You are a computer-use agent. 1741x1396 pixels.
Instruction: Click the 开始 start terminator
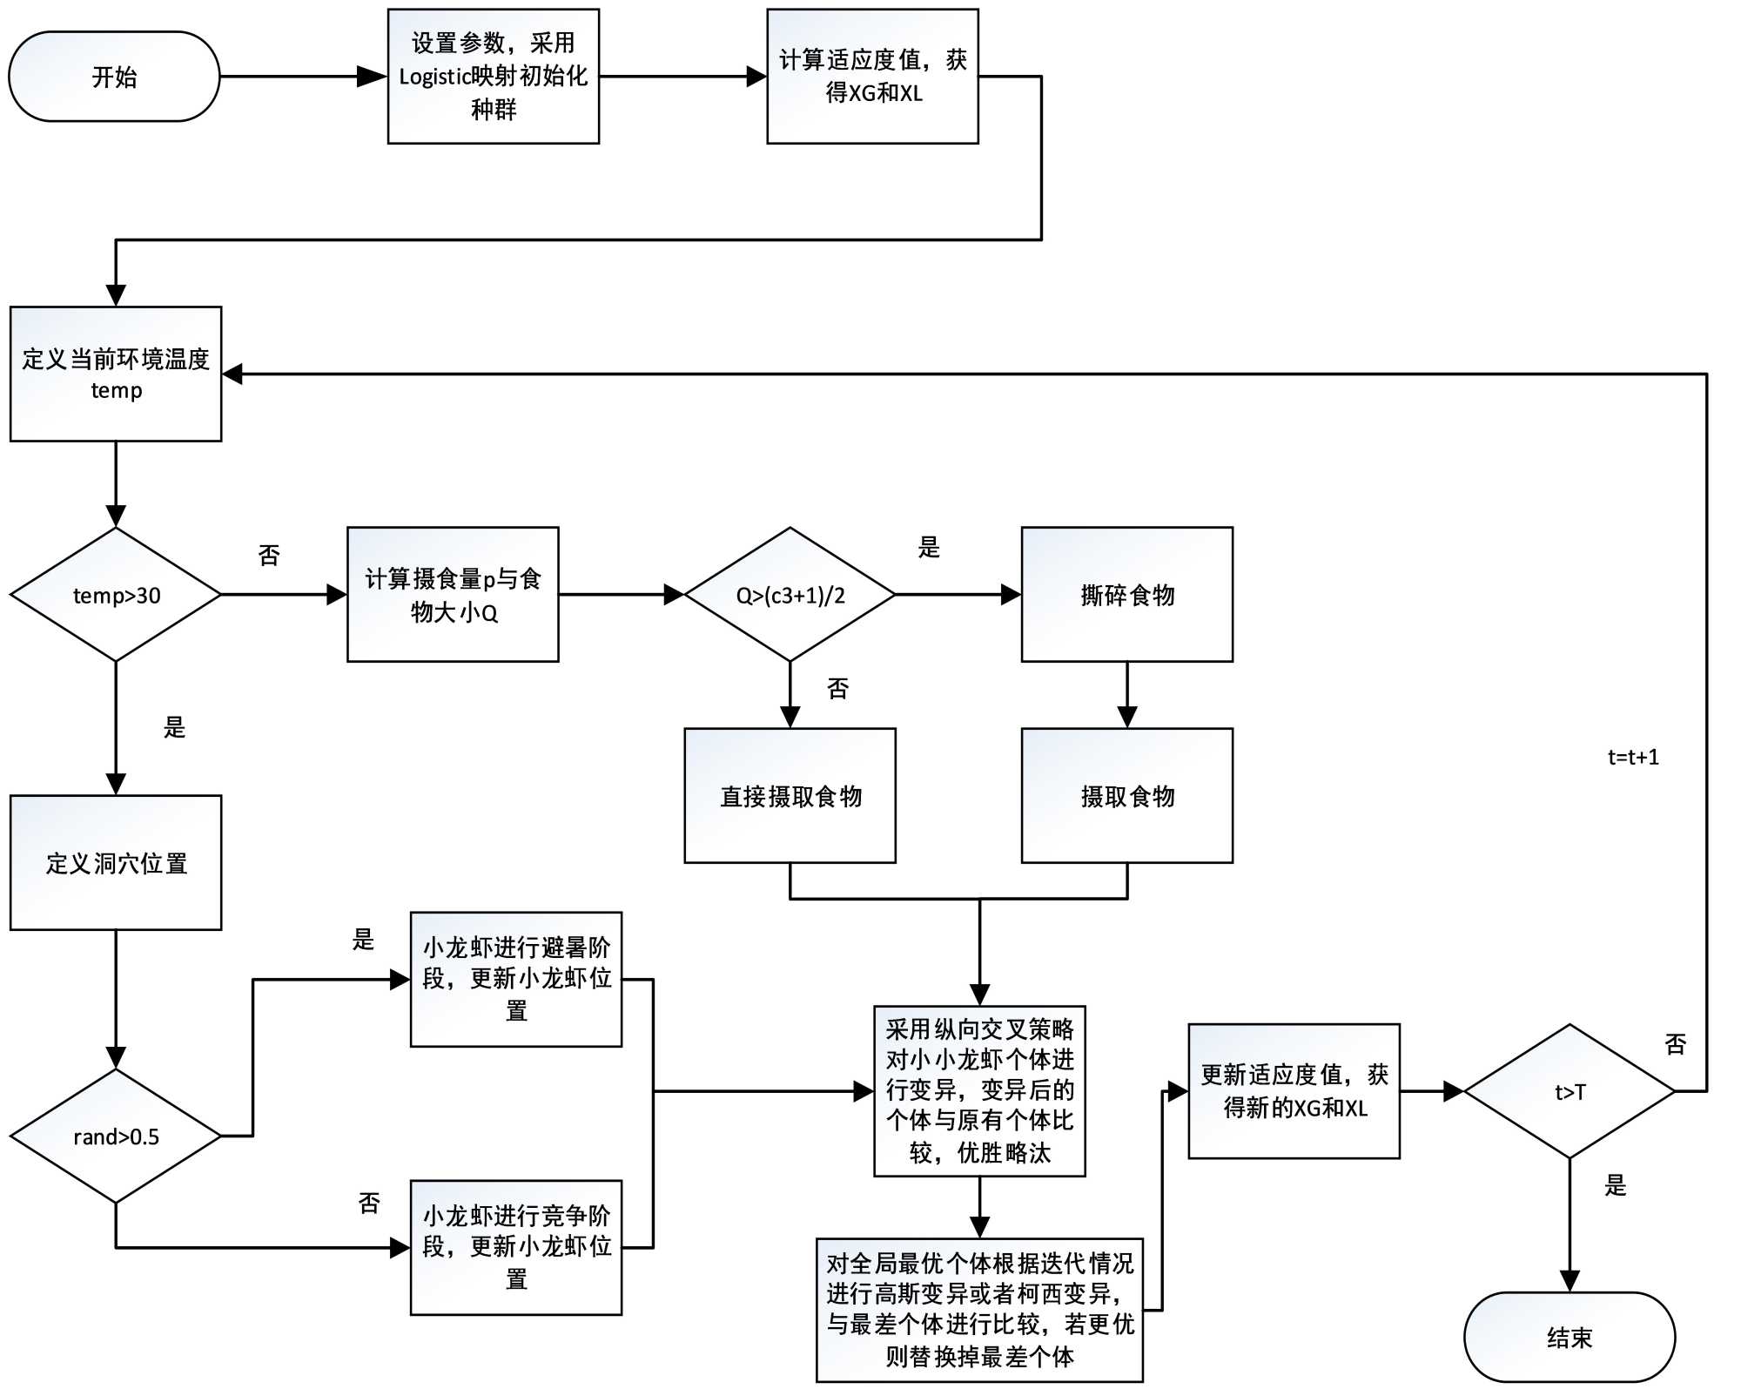(x=114, y=77)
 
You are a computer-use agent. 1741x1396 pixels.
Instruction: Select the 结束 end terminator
(x=1569, y=1337)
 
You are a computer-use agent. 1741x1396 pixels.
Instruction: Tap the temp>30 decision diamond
(x=116, y=595)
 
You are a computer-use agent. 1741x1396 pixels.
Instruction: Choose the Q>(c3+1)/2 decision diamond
(x=790, y=595)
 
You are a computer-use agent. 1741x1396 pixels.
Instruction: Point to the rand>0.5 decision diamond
(x=116, y=1136)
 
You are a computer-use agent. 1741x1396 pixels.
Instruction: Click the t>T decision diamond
(x=1570, y=1091)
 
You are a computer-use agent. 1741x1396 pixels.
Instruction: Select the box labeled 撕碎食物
(x=1126, y=595)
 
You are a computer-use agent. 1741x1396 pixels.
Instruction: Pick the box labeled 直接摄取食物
(x=790, y=796)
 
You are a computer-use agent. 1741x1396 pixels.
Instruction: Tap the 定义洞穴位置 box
(x=116, y=862)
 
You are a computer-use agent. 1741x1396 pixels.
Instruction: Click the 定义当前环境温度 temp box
(x=116, y=374)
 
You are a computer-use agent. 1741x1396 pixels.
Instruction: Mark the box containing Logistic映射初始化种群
(x=494, y=77)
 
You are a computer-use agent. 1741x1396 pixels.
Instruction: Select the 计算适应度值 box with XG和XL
(x=872, y=77)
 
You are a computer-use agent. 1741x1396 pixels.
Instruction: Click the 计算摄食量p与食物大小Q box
(x=453, y=595)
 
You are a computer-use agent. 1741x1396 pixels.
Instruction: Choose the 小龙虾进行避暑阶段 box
(x=516, y=979)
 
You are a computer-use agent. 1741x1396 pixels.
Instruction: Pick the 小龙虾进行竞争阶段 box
(x=516, y=1247)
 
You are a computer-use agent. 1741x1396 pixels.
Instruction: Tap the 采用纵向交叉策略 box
(x=979, y=1091)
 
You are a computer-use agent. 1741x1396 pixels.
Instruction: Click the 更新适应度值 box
(x=1294, y=1091)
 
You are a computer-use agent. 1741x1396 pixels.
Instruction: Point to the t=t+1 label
(x=1633, y=757)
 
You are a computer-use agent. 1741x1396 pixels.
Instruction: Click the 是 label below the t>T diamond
(x=1615, y=1185)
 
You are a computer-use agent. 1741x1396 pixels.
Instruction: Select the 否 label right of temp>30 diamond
(x=269, y=555)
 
